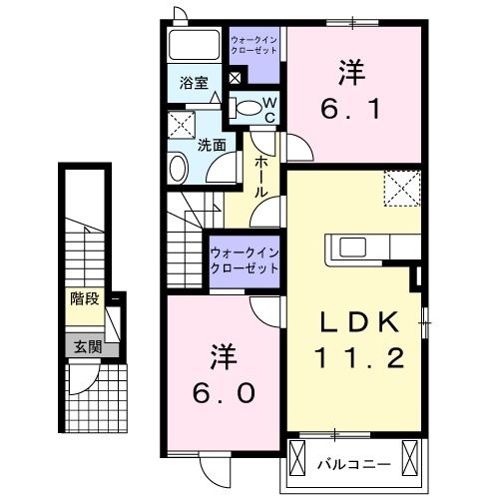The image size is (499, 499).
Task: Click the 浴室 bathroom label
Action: pyautogui.click(x=194, y=84)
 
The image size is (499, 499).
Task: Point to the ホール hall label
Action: pyautogui.click(x=261, y=177)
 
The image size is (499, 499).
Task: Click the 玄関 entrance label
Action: pyautogui.click(x=86, y=347)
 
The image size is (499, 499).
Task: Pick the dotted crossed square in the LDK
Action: pyautogui.click(x=402, y=186)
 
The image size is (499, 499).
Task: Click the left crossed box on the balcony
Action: pyautogui.click(x=298, y=458)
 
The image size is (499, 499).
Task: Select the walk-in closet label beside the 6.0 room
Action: pyautogui.click(x=244, y=260)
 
